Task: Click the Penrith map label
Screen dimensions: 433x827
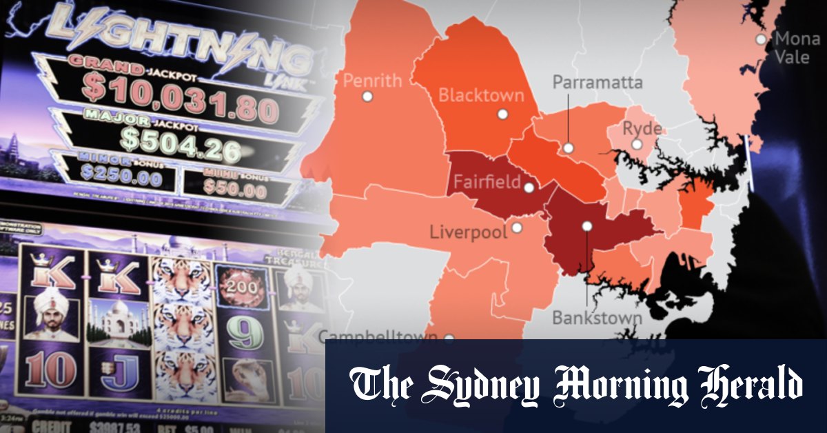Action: point(372,81)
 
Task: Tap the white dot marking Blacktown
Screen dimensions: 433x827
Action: point(502,114)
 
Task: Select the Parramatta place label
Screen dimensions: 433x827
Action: point(598,83)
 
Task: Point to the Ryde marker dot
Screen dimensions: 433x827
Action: point(637,145)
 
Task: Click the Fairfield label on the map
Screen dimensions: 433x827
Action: point(486,183)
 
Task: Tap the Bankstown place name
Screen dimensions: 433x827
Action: point(597,319)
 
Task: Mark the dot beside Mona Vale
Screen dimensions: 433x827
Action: point(761,39)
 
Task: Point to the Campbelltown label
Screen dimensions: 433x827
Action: point(378,337)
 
